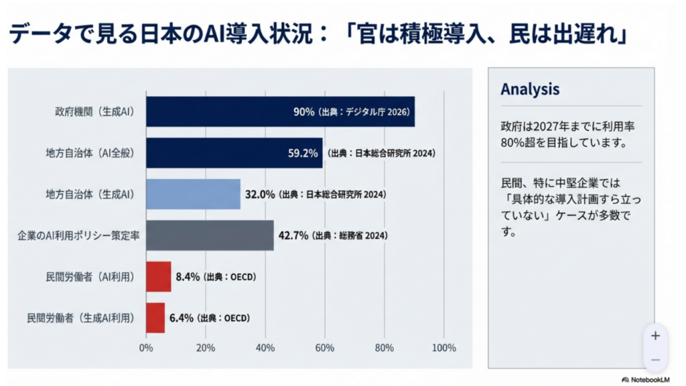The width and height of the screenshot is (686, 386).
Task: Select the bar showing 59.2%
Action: pyautogui.click(x=234, y=153)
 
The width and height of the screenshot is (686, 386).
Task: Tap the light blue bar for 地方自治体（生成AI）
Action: pyautogui.click(x=193, y=194)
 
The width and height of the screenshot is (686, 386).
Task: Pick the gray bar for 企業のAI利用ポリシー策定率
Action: pyautogui.click(x=210, y=235)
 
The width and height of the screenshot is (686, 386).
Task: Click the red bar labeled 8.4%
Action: pyautogui.click(x=158, y=277)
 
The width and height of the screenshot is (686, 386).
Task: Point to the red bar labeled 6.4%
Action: pyautogui.click(x=155, y=318)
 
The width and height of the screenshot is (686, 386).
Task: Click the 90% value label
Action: pyautogui.click(x=303, y=112)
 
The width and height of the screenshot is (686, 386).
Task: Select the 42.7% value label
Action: pyautogui.click(x=293, y=236)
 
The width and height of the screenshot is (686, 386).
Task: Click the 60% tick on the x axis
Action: pyautogui.click(x=324, y=348)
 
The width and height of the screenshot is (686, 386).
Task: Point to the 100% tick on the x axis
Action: pyautogui.click(x=443, y=348)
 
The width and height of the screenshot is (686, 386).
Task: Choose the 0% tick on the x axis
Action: pyautogui.click(x=146, y=348)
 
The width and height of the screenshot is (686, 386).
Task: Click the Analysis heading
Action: pyautogui.click(x=530, y=89)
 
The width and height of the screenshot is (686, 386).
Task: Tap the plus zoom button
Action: pyautogui.click(x=655, y=335)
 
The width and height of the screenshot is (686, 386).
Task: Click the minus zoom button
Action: pyautogui.click(x=655, y=360)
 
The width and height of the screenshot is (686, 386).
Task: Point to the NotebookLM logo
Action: pyautogui.click(x=648, y=379)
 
